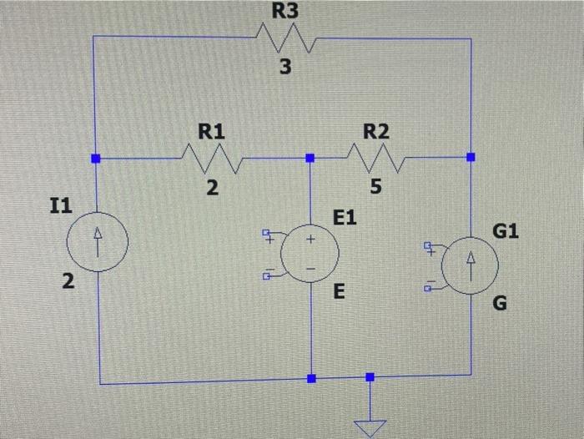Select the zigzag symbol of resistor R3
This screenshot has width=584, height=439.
click(284, 38)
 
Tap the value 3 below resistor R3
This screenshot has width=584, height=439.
click(285, 68)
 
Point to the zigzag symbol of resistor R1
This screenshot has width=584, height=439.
click(212, 156)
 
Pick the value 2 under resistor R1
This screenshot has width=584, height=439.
click(213, 189)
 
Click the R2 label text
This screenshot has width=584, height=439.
click(376, 131)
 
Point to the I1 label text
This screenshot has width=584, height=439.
click(61, 205)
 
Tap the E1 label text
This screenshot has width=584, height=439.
click(345, 219)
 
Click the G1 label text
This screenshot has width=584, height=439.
click(506, 230)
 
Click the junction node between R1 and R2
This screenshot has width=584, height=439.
click(310, 157)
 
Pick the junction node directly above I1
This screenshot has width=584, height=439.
click(95, 157)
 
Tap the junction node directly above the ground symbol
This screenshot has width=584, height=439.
click(370, 377)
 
